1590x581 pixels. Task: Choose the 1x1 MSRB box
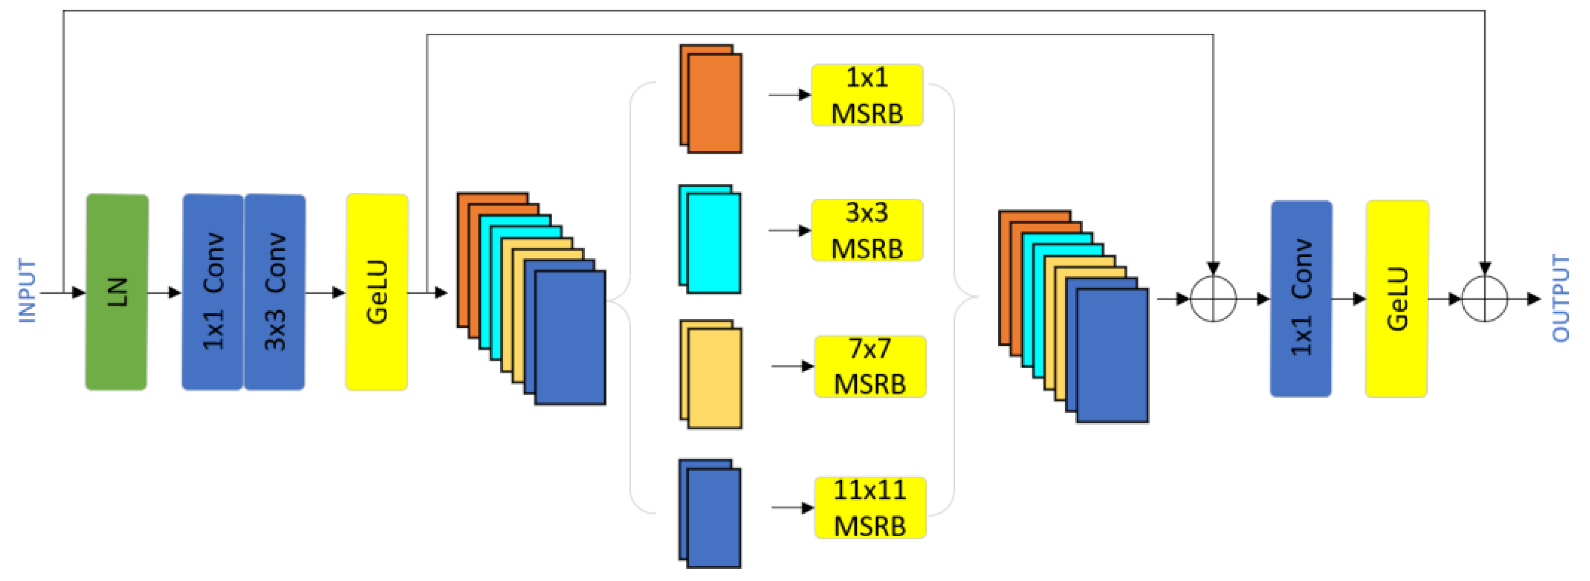[x=867, y=95]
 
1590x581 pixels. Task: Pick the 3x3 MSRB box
[x=867, y=230]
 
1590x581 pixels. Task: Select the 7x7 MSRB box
[x=870, y=366]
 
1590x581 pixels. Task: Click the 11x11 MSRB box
[x=870, y=507]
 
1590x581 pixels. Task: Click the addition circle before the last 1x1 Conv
[x=1213, y=299]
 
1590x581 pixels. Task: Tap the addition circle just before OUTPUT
[x=1485, y=299]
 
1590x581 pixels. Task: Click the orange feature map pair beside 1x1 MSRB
[x=711, y=99]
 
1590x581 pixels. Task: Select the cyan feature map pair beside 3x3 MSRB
[x=710, y=239]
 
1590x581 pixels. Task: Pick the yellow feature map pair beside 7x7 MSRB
[x=711, y=374]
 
